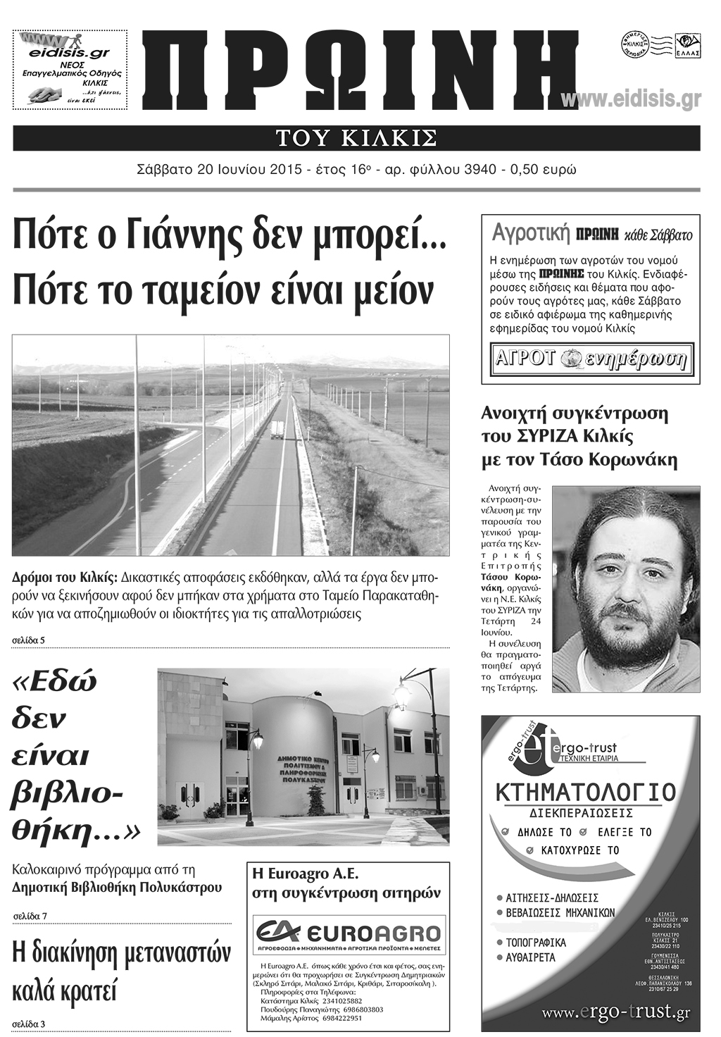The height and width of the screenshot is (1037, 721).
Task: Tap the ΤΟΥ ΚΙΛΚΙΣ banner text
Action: (x=356, y=138)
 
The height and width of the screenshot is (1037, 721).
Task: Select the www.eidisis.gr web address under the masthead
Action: (x=631, y=100)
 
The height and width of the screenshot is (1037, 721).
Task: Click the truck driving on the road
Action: (x=277, y=429)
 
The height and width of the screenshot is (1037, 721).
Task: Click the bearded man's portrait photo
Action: (x=625, y=589)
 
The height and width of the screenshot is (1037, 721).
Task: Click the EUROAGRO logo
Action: (x=349, y=934)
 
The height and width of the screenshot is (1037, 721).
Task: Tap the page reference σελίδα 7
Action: (x=30, y=916)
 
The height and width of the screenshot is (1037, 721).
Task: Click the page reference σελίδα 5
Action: (x=29, y=640)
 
